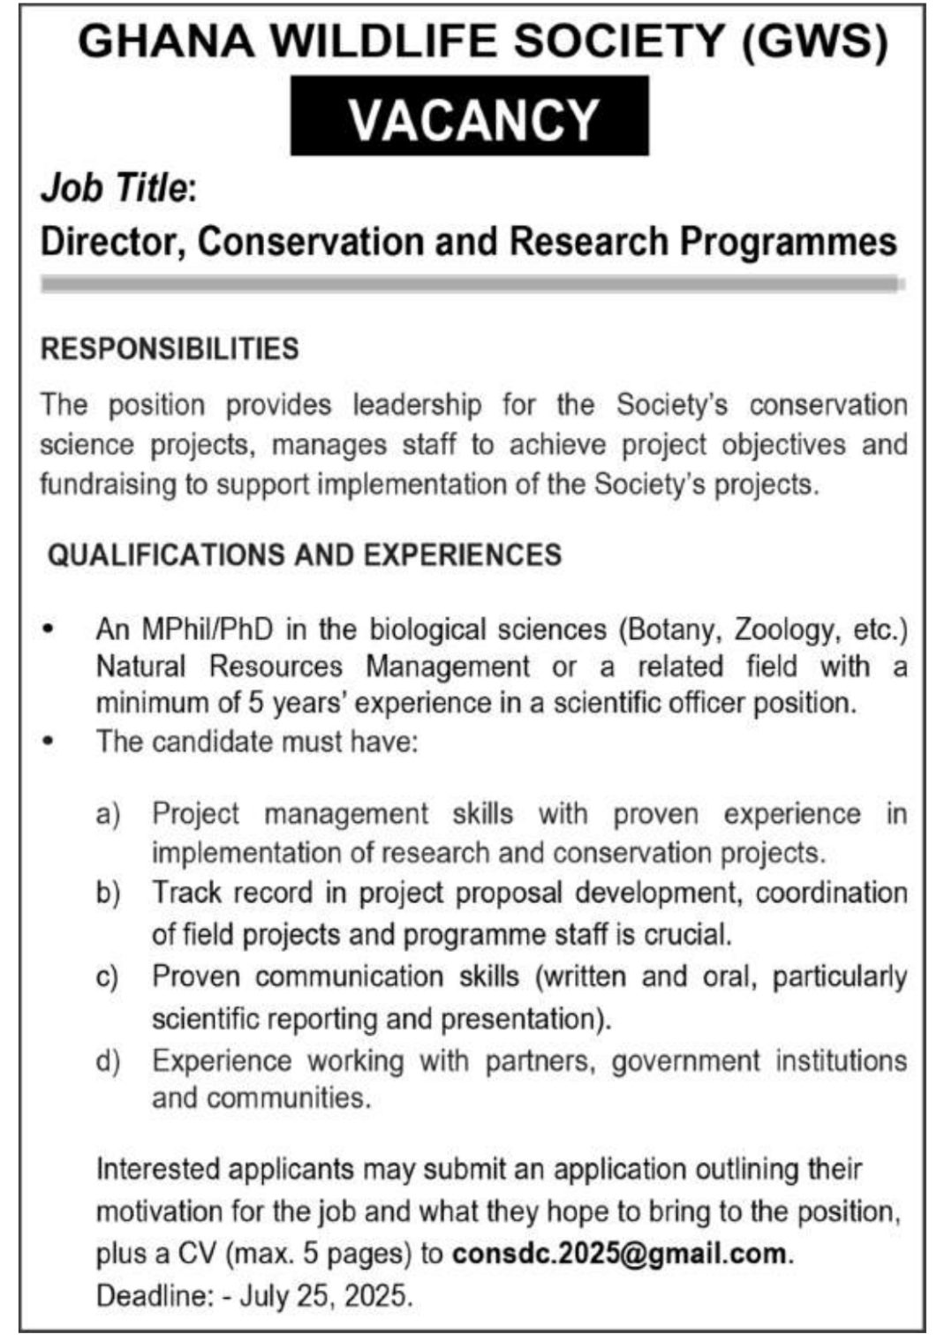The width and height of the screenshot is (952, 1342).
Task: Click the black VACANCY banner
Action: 470,117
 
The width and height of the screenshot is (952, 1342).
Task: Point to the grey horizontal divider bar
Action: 472,284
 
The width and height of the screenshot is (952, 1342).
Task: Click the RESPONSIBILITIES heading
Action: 170,349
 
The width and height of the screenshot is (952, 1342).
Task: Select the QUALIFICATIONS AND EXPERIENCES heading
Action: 305,554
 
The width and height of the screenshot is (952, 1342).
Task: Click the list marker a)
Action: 108,814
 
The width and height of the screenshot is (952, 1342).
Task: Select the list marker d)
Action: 108,1060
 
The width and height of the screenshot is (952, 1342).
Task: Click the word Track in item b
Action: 187,893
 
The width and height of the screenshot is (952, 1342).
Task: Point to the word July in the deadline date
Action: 268,1296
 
